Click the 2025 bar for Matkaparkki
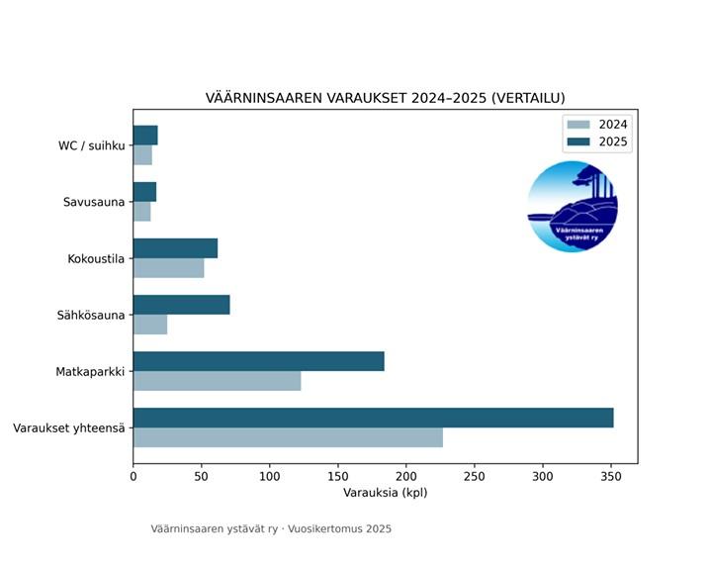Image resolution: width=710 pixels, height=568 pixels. point(258,361)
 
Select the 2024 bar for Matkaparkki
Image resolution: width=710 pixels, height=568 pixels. point(217,381)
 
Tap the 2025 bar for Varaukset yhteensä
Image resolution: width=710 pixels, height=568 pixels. point(373,418)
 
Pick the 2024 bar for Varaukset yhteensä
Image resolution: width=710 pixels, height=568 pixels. point(288,437)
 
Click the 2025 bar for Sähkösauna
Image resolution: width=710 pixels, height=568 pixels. point(181,305)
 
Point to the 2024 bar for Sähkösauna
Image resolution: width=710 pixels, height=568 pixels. point(150,325)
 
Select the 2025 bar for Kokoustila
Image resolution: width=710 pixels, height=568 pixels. point(175,248)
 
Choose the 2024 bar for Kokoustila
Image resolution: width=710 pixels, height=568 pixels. point(168,268)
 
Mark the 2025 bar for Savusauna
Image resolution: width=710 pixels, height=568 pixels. point(144,192)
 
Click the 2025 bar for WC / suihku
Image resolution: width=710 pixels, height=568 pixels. point(145,136)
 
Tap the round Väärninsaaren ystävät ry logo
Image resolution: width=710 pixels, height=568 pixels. point(573,207)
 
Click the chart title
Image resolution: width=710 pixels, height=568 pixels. point(385,98)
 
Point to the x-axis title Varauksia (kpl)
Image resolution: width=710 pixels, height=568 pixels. point(385,492)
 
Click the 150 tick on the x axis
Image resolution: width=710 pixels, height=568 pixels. point(338,476)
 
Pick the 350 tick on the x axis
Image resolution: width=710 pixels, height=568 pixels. point(610,476)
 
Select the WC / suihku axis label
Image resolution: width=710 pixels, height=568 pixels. point(91,146)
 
